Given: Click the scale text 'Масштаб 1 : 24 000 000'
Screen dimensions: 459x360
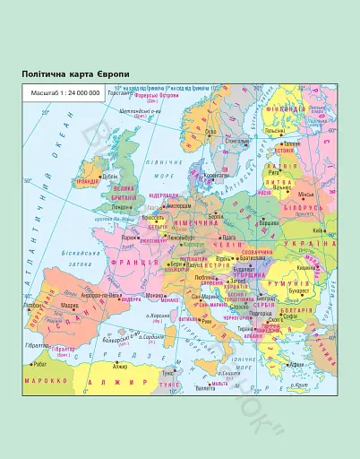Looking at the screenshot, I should point(60,92).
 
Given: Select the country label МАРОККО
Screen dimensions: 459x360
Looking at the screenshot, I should point(47,380).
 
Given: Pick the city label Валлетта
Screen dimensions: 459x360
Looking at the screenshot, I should point(207,387).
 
